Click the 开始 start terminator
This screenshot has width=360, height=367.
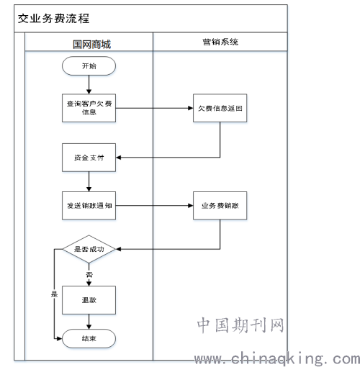[x=89, y=66]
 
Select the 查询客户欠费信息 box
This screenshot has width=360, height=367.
[x=89, y=108]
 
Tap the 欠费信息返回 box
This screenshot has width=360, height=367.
[x=220, y=108]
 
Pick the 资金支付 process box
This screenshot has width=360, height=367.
[x=89, y=158]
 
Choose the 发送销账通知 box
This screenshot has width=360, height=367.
[x=89, y=206]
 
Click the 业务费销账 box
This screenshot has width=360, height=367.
[x=220, y=206]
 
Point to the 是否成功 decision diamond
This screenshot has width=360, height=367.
[x=89, y=249]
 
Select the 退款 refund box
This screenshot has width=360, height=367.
[x=89, y=300]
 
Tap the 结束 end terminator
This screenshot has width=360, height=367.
[x=89, y=338]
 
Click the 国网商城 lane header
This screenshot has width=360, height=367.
[x=91, y=45]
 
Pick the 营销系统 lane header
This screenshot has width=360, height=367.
[x=220, y=42]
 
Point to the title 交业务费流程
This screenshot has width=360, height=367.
[x=53, y=19]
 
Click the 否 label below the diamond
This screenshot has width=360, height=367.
[x=89, y=274]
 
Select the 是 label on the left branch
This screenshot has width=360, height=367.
[x=54, y=294]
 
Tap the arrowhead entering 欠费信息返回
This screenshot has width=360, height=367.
[x=191, y=108]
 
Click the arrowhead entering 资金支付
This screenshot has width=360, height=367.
[x=119, y=158]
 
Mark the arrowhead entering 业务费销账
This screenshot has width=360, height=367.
[x=191, y=206]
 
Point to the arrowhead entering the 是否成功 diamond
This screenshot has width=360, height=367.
[x=119, y=249]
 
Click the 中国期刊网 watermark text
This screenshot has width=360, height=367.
[x=240, y=325]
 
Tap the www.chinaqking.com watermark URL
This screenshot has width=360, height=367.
[x=277, y=358]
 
